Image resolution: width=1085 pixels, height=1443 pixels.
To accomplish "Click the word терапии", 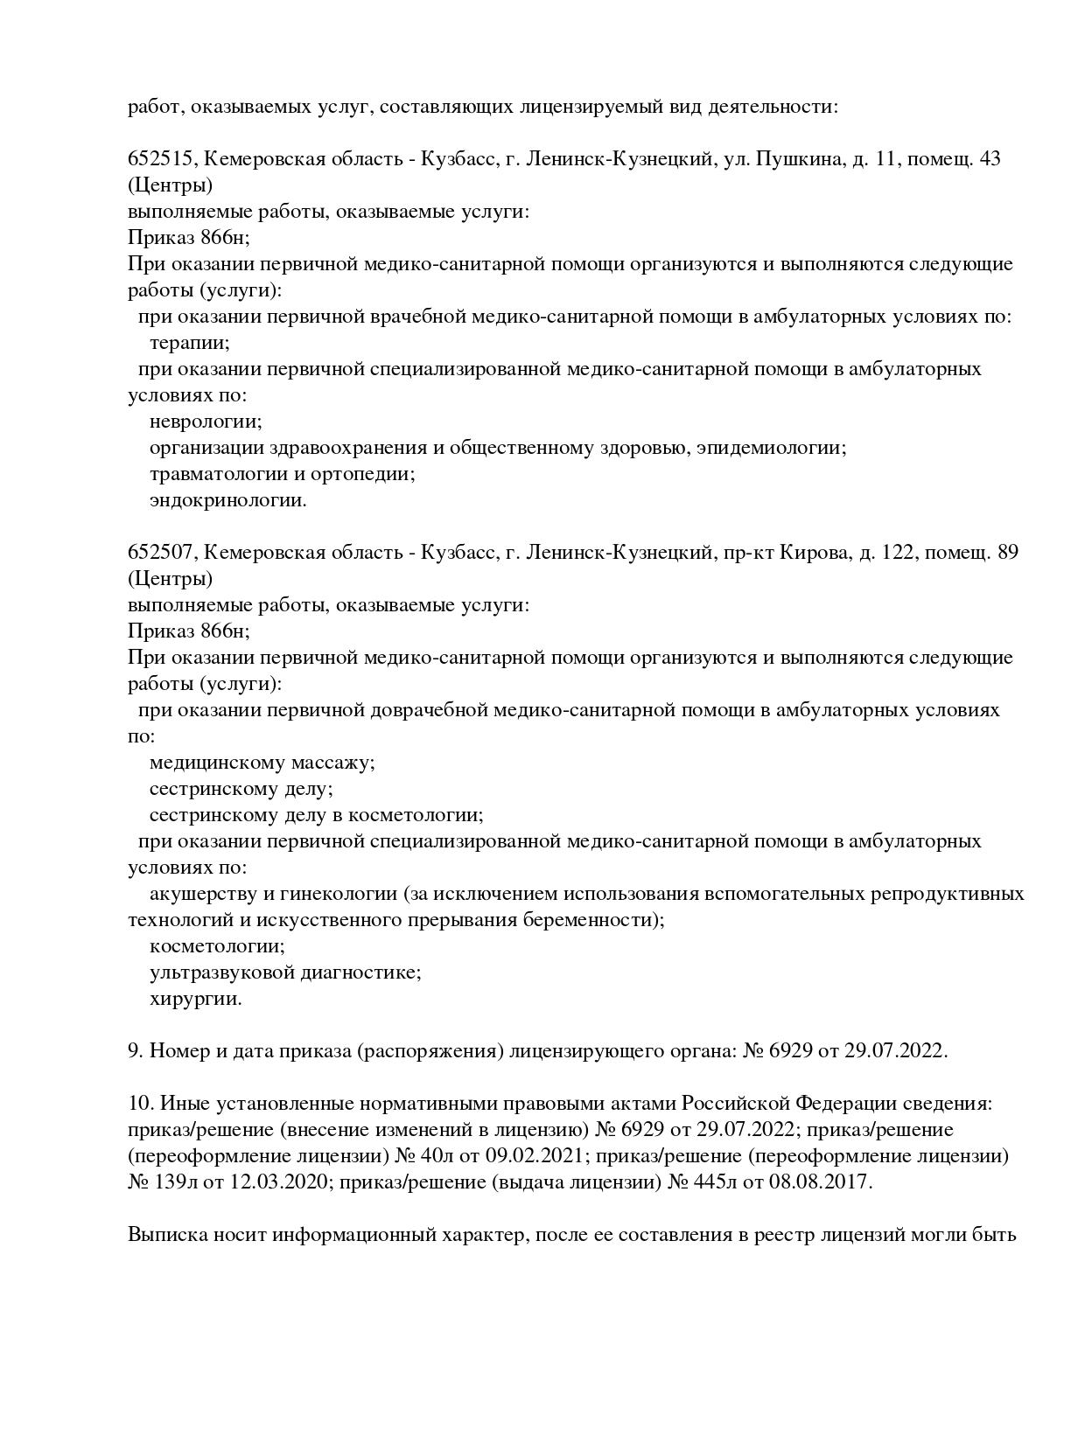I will tap(190, 343).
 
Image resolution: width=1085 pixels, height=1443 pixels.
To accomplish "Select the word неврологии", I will tap(206, 422).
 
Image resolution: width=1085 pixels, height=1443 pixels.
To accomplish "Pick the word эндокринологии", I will tap(227, 500).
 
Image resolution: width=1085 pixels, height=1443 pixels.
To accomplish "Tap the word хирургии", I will tap(195, 999).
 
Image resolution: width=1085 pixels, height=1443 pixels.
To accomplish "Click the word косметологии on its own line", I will tap(217, 946).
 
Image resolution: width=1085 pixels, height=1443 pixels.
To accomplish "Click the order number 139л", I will tap(176, 1182).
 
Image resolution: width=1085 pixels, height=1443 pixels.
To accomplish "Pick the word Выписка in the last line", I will tap(164, 1235).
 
